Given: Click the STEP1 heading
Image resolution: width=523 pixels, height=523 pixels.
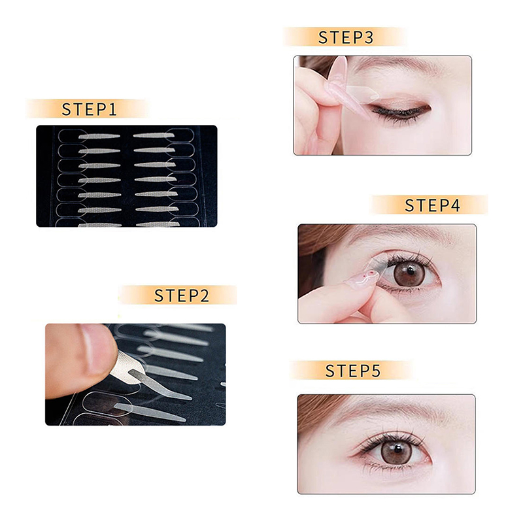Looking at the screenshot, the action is click(x=90, y=109).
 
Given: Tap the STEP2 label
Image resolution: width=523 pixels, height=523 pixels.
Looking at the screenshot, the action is click(x=182, y=295).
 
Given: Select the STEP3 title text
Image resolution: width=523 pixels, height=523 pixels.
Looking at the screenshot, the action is click(x=346, y=37).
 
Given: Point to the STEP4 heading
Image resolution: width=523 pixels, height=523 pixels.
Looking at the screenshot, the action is click(x=433, y=205).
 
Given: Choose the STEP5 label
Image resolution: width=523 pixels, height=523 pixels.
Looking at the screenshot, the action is click(x=353, y=371).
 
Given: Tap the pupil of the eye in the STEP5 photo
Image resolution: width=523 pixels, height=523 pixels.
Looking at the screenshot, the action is click(x=398, y=449).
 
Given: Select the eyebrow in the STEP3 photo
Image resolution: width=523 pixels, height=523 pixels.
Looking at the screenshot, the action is click(x=397, y=63).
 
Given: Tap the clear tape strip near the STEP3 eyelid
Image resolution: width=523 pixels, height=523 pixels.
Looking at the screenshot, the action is click(x=363, y=93).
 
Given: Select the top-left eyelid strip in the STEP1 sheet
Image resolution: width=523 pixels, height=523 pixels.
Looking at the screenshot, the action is click(x=99, y=136).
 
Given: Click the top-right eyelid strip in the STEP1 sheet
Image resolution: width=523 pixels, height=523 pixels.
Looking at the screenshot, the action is click(x=154, y=135).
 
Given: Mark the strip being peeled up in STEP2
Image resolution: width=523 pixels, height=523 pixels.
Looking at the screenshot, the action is click(x=157, y=384).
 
